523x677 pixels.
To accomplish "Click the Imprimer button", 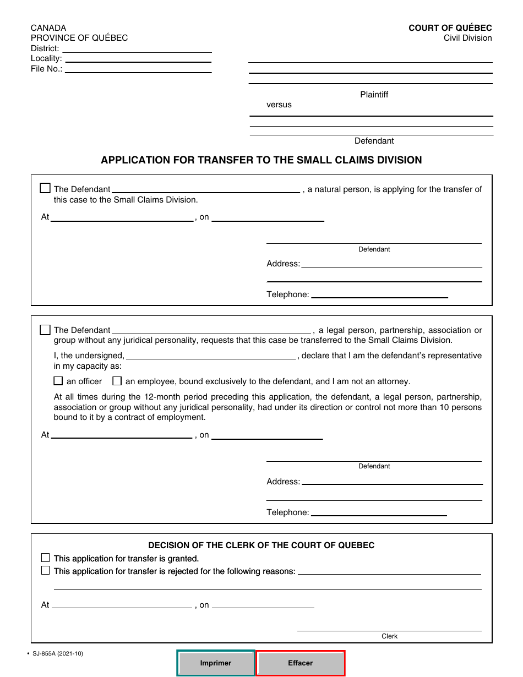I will [216, 663].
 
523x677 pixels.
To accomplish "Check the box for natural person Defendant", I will [45, 188].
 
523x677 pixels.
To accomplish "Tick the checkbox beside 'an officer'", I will [58, 381].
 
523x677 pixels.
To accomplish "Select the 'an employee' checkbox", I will [117, 381].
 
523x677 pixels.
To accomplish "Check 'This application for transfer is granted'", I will [46, 558].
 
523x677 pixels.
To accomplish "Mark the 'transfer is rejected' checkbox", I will [46, 571].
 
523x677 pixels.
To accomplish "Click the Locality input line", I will [138, 59].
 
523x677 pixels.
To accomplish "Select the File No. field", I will [138, 69].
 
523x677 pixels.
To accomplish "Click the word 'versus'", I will [279, 105].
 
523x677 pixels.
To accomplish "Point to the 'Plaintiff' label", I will [374, 95].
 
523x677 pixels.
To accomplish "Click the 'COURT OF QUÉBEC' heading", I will [450, 28].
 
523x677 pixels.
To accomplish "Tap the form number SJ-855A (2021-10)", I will [58, 654].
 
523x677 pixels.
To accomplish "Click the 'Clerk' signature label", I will [389, 636].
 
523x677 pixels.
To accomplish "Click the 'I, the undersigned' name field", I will [211, 356].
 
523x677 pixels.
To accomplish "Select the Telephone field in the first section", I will [379, 294].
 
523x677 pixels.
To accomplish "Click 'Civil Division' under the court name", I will [467, 38].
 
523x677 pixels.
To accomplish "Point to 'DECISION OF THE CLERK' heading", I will [261, 545].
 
